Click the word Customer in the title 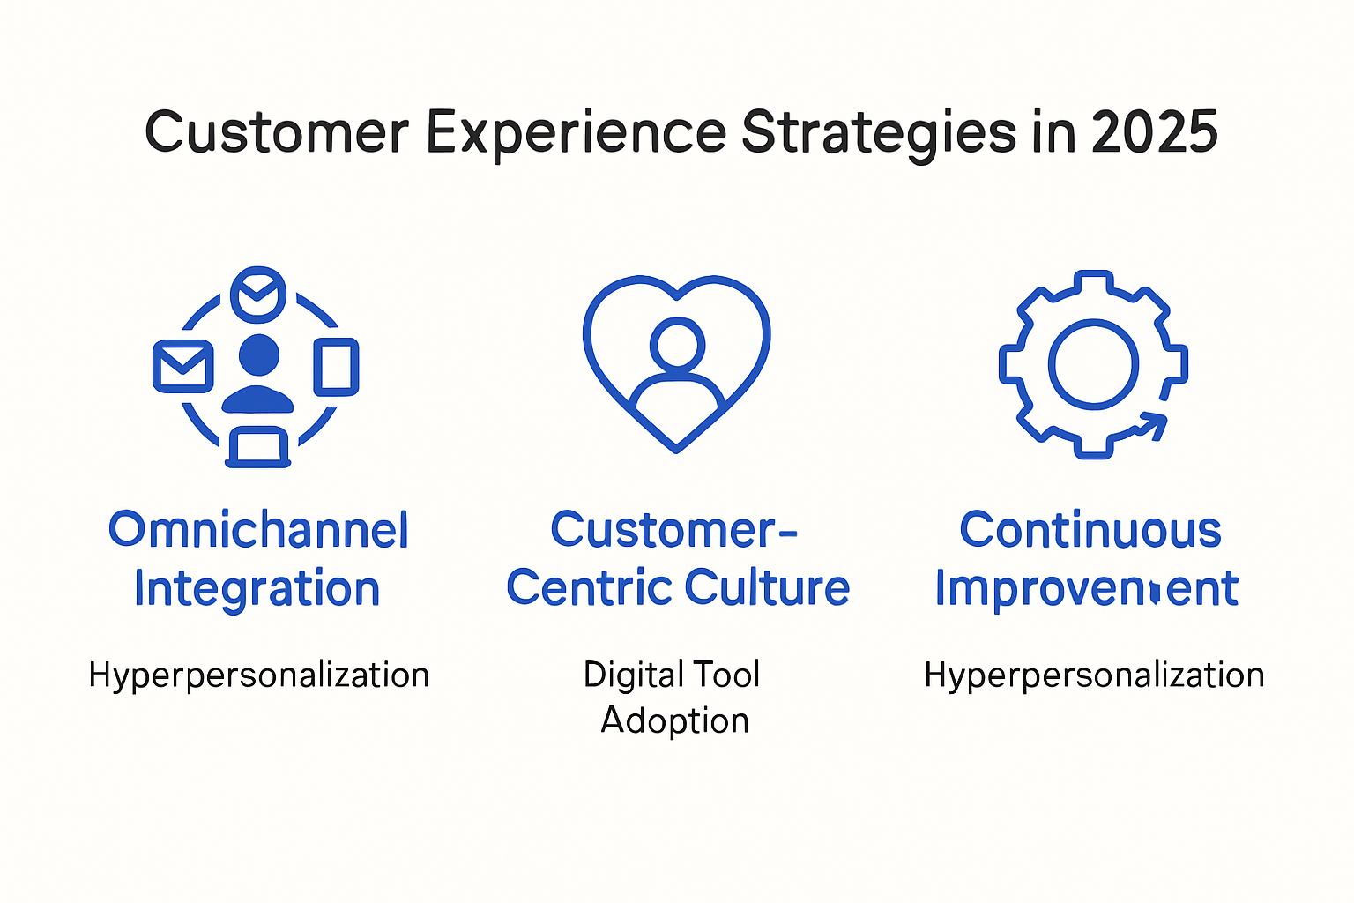tap(277, 133)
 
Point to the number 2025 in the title tap(1154, 133)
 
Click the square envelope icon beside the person tap(183, 366)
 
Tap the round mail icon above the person tap(258, 294)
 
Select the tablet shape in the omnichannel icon tap(337, 366)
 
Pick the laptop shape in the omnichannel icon tap(258, 447)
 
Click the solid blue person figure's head tap(259, 354)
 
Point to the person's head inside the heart tap(677, 344)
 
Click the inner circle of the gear tap(1093, 363)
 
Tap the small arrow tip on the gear tap(1157, 424)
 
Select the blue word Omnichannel tap(258, 530)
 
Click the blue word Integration tap(257, 589)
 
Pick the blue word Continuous tap(1090, 530)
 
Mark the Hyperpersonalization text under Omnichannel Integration tap(259, 675)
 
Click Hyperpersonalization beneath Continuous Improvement tap(1094, 675)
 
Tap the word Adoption tap(675, 721)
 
